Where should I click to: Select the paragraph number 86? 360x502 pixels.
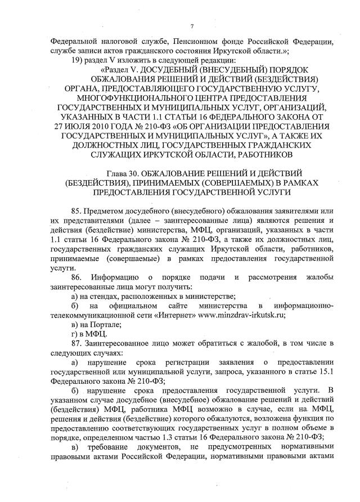73,277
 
